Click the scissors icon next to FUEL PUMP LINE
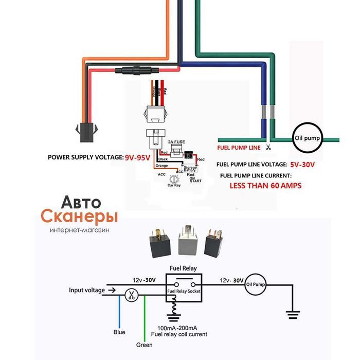[x=268, y=148]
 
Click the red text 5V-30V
[x=302, y=165]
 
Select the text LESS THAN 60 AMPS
[x=265, y=185]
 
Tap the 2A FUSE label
[x=176, y=141]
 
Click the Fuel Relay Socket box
[x=184, y=291]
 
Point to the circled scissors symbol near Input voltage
[x=131, y=296]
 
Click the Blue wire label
[x=119, y=332]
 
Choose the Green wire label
[x=144, y=345]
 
